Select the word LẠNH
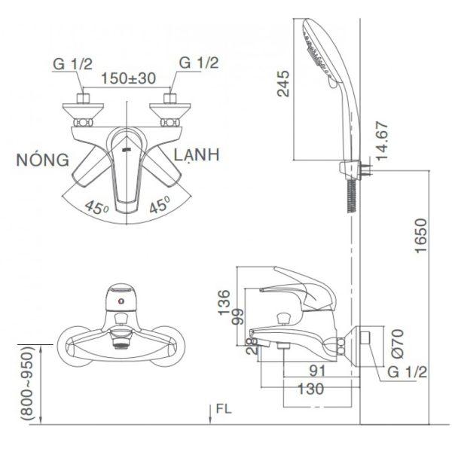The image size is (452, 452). point(197,155)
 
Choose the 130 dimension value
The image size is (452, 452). point(311,389)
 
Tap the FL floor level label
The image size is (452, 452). point(222,411)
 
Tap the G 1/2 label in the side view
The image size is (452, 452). point(410,371)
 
